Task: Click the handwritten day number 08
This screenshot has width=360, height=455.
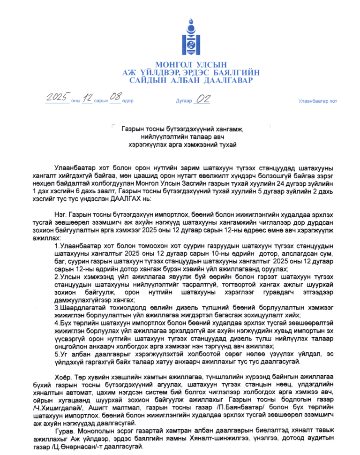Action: [115, 98]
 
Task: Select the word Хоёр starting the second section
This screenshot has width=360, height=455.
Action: [62, 377]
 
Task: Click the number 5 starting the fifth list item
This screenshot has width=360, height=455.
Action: [57, 354]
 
